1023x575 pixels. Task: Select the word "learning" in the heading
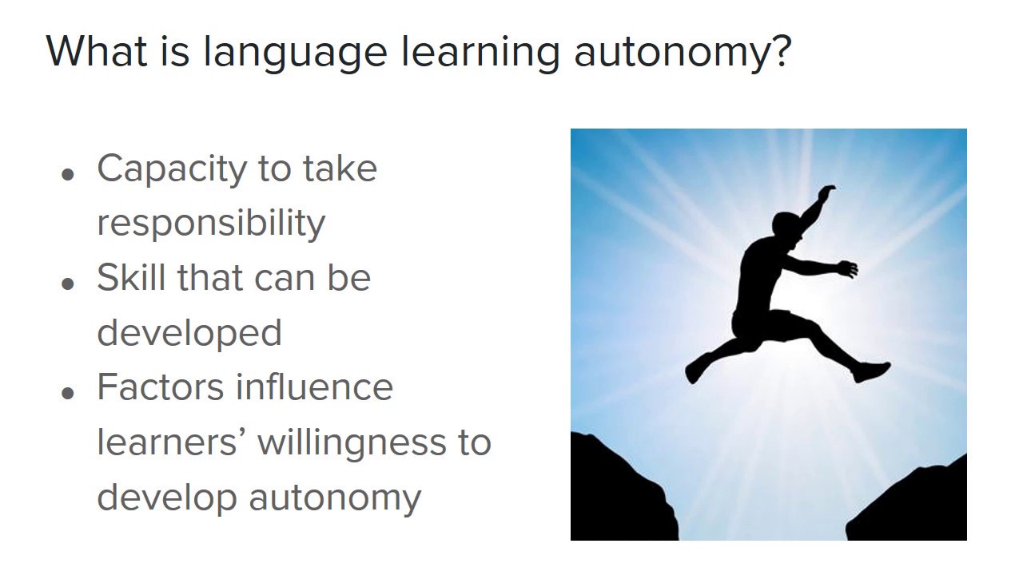point(480,53)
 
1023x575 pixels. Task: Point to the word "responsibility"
point(211,224)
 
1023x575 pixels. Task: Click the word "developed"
point(189,332)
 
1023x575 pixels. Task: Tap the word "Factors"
point(159,387)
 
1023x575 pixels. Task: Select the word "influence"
point(315,387)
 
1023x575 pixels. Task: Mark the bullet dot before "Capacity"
point(68,175)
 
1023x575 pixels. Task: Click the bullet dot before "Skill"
point(68,284)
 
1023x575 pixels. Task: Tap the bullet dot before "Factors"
point(68,393)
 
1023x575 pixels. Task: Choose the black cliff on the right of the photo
point(919,503)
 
